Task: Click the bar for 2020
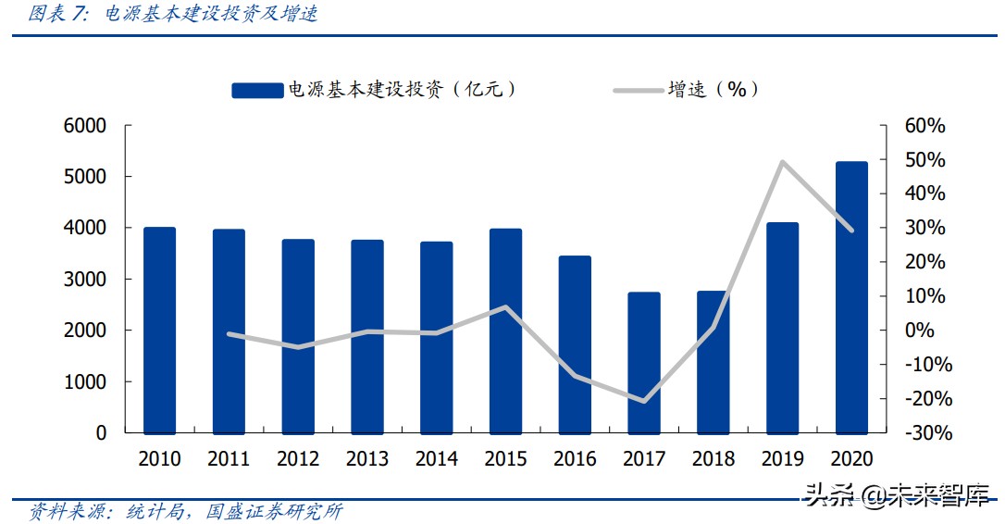tap(851, 297)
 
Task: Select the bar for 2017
tap(644, 363)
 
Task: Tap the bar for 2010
tap(159, 330)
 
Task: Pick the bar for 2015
tap(505, 331)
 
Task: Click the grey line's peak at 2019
tap(783, 162)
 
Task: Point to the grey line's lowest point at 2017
tap(644, 401)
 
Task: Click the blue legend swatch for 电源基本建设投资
tap(257, 90)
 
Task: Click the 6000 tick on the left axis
tap(85, 126)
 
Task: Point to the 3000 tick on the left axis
tap(85, 280)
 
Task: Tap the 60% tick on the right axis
tap(925, 126)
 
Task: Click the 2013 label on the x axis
tap(367, 459)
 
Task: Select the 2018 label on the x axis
tap(713, 459)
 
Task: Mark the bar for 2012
tap(298, 336)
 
